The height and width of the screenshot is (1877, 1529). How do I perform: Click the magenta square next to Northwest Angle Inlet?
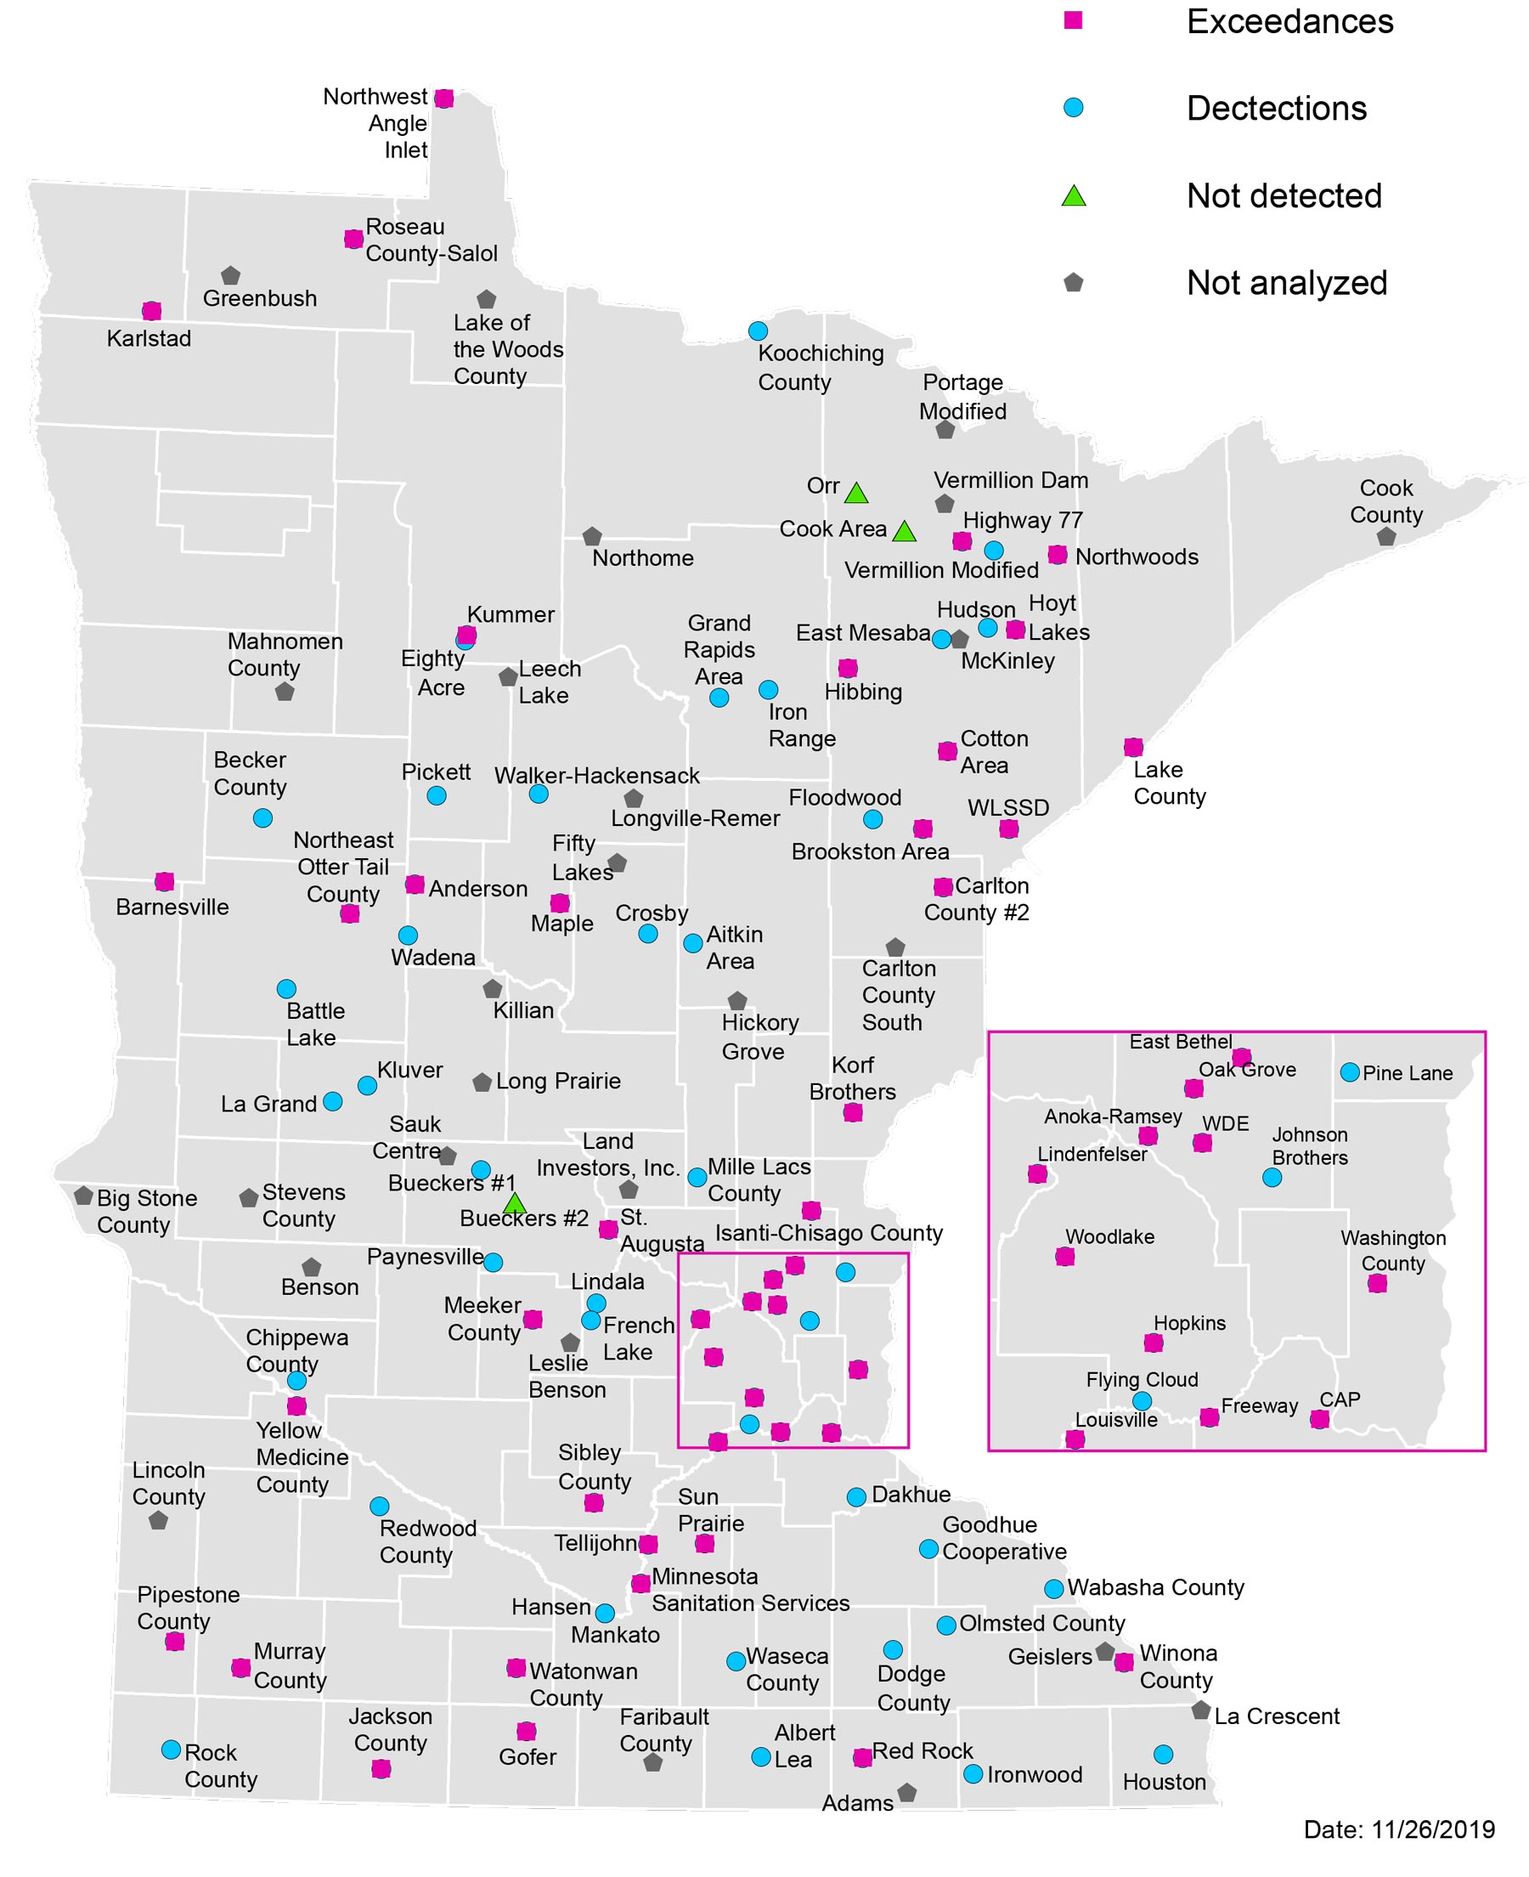tap(444, 99)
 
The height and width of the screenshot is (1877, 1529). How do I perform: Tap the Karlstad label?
tap(148, 338)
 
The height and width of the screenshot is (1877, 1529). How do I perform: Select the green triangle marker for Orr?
tap(856, 493)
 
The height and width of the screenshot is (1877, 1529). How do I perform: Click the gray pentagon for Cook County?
tap(1385, 536)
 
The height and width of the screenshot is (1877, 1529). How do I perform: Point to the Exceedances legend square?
tap(1073, 20)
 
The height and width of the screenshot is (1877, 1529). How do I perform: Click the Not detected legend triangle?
tap(1073, 196)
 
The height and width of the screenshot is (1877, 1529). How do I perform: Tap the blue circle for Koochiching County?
tap(758, 331)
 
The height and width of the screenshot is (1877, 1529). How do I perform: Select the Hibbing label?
tap(862, 692)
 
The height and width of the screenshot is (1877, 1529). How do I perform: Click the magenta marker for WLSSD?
tap(1008, 828)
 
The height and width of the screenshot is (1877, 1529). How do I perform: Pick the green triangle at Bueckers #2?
tap(515, 1203)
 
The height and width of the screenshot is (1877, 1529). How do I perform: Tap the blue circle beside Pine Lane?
tap(1348, 1072)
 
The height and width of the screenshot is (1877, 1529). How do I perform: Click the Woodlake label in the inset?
tap(1109, 1236)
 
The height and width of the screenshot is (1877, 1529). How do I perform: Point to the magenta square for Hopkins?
tap(1153, 1343)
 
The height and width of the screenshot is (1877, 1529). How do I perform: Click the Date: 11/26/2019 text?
tap(1399, 1829)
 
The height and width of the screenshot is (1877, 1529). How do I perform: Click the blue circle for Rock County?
tap(172, 1750)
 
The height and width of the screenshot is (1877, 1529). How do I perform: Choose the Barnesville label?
tap(172, 907)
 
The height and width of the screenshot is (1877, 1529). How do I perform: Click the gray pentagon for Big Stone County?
tap(84, 1196)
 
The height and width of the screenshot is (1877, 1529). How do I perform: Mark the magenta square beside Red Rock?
tap(862, 1757)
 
